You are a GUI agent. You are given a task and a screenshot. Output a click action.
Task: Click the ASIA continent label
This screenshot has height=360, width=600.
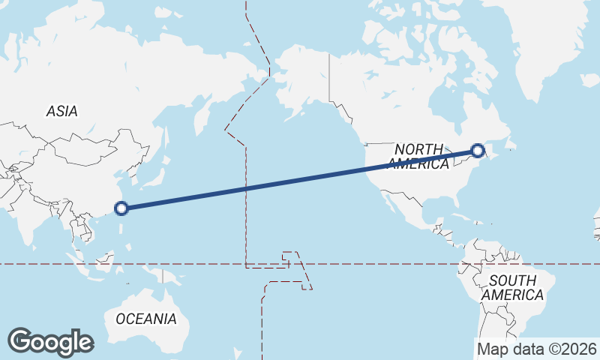coord(61,111)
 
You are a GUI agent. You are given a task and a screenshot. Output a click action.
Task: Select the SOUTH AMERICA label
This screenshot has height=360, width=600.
coord(512,288)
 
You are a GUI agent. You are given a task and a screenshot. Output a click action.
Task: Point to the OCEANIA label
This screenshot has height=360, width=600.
coord(146,319)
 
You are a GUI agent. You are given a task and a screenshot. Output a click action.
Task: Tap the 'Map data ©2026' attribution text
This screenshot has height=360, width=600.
coord(537,349)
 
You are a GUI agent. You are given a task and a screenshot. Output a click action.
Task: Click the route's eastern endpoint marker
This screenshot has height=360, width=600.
coord(478,151)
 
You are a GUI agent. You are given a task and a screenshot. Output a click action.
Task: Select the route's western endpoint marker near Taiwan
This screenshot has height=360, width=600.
coord(121,208)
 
